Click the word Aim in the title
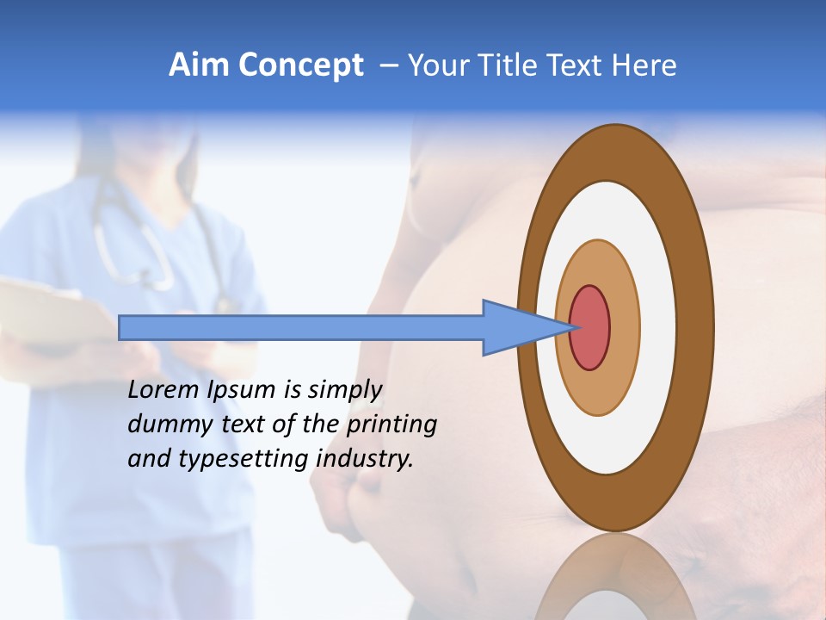[197, 65]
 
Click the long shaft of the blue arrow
[301, 327]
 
